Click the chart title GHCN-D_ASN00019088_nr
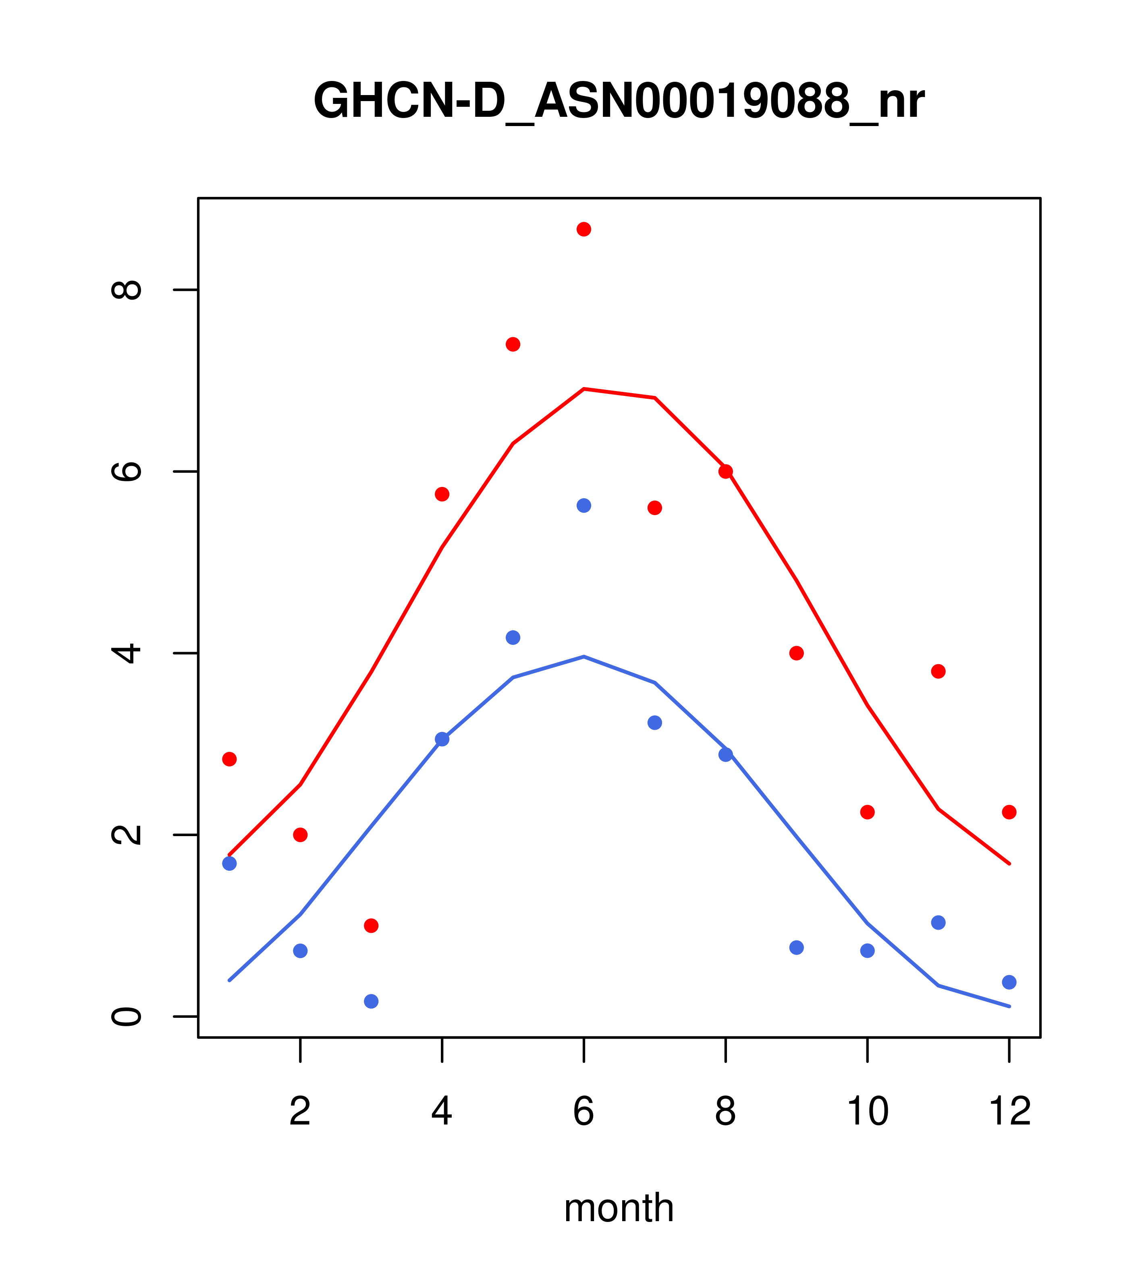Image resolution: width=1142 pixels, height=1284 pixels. [x=619, y=101]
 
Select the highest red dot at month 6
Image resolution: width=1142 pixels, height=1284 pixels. [x=584, y=229]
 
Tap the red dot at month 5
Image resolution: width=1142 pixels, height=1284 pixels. [x=513, y=344]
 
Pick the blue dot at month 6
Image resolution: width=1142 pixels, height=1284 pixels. [x=584, y=506]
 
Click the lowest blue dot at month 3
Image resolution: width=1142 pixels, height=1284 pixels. [x=372, y=1001]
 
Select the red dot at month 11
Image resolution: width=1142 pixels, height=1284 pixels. [x=939, y=671]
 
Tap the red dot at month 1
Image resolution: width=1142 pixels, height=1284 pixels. [x=229, y=760]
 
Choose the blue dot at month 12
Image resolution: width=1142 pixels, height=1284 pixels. [x=1009, y=982]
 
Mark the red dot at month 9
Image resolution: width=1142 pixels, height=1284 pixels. [x=796, y=653]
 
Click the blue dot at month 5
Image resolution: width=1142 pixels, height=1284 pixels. [x=513, y=638]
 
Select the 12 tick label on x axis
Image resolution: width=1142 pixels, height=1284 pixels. [x=1009, y=1112]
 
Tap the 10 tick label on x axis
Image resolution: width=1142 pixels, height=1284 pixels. [x=867, y=1112]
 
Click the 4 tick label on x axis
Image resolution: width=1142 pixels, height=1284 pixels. [x=442, y=1112]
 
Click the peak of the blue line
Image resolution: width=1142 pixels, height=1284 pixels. [x=584, y=656]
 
